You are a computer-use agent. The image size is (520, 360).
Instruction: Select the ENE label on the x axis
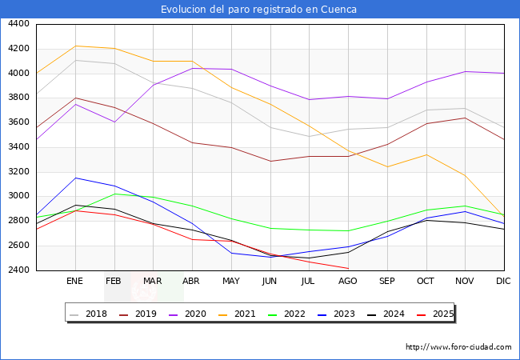(x=75, y=282)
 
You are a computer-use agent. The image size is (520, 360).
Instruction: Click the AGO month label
(x=348, y=282)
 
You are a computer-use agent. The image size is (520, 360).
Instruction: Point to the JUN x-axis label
(x=270, y=282)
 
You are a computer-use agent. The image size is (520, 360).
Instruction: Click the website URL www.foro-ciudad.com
(x=458, y=347)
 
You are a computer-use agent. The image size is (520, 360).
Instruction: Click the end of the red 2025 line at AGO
(x=348, y=269)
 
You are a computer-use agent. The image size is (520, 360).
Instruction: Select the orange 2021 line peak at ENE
(x=75, y=46)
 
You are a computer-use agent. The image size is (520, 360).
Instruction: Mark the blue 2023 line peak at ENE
(x=75, y=178)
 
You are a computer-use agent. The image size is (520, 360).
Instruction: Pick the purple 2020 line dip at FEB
(x=114, y=122)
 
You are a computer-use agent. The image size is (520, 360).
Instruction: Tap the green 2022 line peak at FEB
(x=114, y=194)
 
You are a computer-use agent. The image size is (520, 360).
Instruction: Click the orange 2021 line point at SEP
(x=387, y=167)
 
